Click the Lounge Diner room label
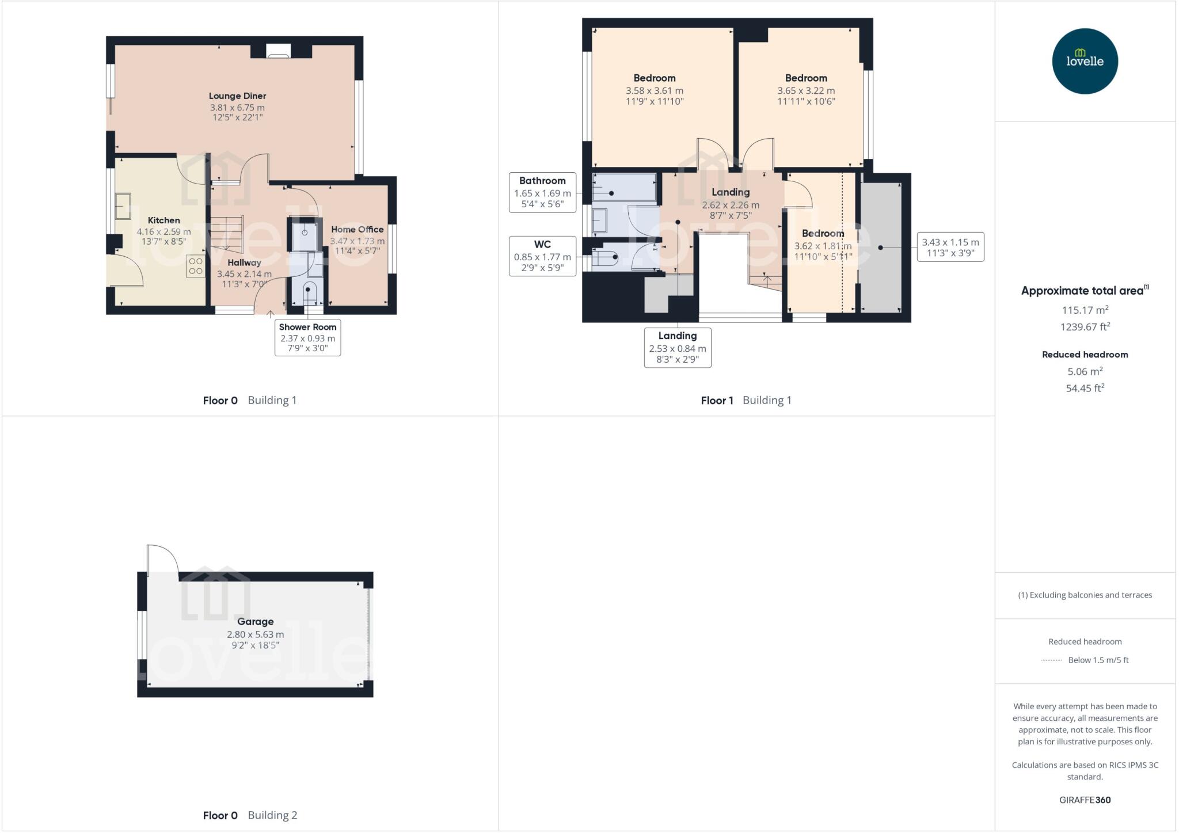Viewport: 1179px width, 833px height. [237, 96]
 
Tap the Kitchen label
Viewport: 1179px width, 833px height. [163, 220]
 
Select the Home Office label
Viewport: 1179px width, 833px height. [357, 230]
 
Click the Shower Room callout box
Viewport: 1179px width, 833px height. [307, 337]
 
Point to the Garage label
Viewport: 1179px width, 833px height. [255, 622]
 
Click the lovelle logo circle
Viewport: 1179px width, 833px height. [1085, 61]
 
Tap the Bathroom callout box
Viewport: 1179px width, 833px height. [542, 192]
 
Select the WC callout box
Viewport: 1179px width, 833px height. [542, 256]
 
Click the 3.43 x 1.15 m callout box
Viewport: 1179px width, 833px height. [950, 247]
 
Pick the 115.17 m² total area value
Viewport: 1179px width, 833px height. [1085, 310]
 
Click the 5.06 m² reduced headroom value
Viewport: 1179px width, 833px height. [1085, 371]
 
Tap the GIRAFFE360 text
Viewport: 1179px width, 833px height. [1085, 800]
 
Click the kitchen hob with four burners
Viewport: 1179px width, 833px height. [195, 266]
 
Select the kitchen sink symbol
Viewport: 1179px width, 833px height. [123, 206]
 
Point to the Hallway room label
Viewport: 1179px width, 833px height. [244, 263]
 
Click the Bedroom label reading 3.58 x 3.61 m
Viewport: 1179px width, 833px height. [655, 78]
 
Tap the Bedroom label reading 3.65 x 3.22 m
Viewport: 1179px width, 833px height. [806, 78]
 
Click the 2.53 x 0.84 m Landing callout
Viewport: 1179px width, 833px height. [678, 347]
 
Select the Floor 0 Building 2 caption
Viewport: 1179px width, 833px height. [250, 815]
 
